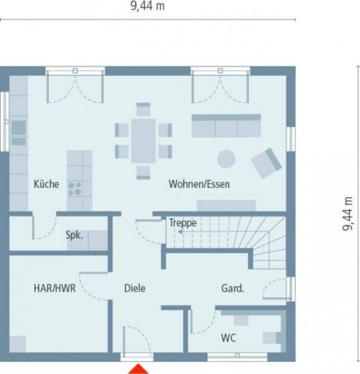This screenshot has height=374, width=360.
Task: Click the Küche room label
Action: pyautogui.click(x=46, y=184)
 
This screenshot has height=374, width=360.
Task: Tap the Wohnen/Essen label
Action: pyautogui.click(x=199, y=184)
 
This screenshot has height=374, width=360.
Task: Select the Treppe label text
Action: pyautogui.click(x=182, y=223)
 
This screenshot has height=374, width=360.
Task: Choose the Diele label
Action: pyautogui.click(x=135, y=288)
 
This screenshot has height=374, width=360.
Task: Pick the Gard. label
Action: pyautogui.click(x=232, y=288)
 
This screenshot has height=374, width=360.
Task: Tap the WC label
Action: pyautogui.click(x=227, y=338)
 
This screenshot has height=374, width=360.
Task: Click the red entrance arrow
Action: pyautogui.click(x=139, y=368)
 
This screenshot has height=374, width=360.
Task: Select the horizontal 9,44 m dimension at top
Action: pyautogui.click(x=147, y=6)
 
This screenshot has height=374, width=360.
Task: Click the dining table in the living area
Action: pyautogui.click(x=144, y=140)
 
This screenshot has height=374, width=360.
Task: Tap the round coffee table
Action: pyautogui.click(x=225, y=158)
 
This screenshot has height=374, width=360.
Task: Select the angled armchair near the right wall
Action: pyautogui.click(x=267, y=162)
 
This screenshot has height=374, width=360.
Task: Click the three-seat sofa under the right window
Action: pyautogui.click(x=225, y=125)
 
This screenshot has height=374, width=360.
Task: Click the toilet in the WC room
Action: pyautogui.click(x=272, y=337)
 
